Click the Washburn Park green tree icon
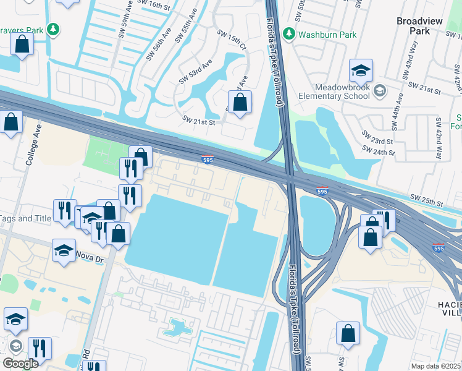(288, 33)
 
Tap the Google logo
(20, 363)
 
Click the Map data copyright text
(435, 365)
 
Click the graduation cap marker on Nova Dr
(64, 250)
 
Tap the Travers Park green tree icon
(54, 29)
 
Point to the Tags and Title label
(25, 218)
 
